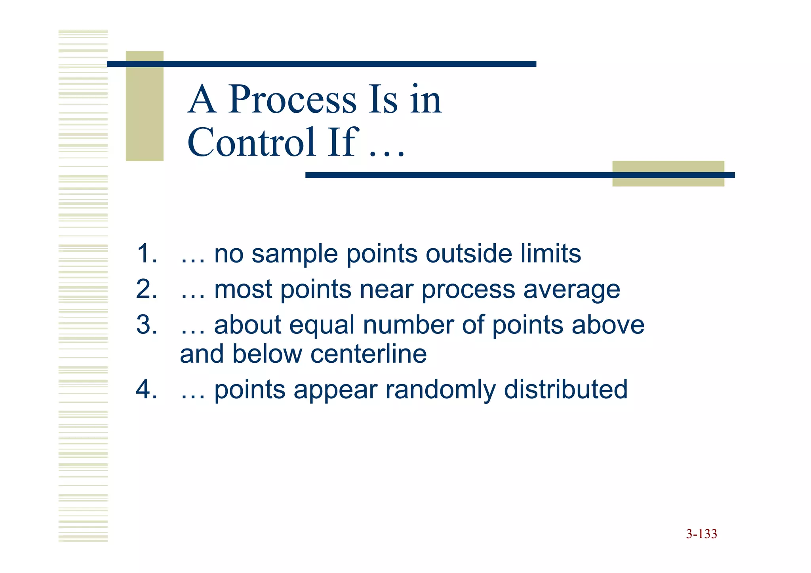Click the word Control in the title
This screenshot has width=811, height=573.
(x=251, y=142)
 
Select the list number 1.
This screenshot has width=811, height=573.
(x=146, y=253)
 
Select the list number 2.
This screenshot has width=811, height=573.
(x=146, y=289)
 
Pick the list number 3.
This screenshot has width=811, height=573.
(x=146, y=325)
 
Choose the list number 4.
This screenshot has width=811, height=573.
(x=146, y=389)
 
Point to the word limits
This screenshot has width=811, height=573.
(x=550, y=253)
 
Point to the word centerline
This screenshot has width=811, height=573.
(x=369, y=354)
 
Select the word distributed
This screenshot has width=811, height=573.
(x=565, y=389)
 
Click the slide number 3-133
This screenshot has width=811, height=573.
(x=701, y=534)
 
